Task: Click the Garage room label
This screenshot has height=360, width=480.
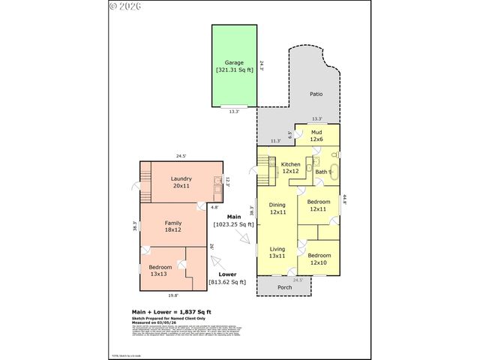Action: (234, 63)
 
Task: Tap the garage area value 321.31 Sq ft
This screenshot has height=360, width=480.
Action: (234, 70)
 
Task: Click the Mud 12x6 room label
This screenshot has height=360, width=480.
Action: (316, 136)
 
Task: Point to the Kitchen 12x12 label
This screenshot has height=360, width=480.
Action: (290, 167)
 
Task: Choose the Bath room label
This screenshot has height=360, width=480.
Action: (321, 172)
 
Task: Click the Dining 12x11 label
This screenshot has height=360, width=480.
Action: (277, 208)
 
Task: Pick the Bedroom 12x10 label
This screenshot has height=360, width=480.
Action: (318, 259)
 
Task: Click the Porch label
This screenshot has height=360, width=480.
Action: (285, 286)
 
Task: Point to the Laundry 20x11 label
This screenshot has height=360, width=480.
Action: (181, 182)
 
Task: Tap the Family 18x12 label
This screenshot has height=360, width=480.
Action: (173, 226)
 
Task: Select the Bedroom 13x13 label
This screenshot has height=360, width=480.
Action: (160, 271)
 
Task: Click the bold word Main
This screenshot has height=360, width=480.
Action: (223, 217)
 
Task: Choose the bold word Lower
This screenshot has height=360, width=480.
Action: (227, 275)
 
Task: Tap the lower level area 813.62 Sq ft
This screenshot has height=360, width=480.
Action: (227, 283)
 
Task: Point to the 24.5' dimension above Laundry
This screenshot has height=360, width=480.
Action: (181, 156)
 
